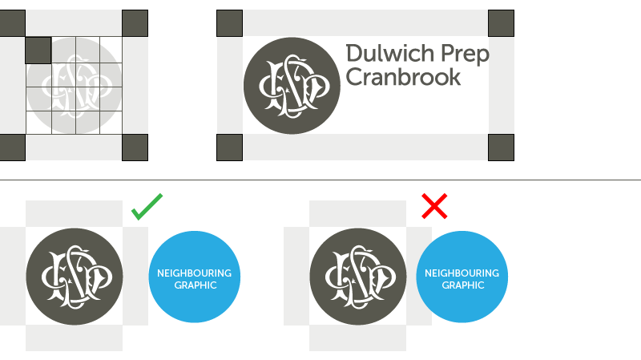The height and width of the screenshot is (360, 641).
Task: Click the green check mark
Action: tap(147, 206)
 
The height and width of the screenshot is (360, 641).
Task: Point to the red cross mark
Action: tap(434, 206)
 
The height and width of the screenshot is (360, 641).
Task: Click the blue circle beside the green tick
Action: tap(195, 277)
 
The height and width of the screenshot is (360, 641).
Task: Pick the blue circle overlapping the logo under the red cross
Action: tap(462, 277)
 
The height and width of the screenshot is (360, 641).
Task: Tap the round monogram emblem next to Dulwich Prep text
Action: tap(292, 86)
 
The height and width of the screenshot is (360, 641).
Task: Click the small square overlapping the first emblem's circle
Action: tap(38, 51)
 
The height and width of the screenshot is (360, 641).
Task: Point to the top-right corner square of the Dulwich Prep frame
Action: tap(501, 23)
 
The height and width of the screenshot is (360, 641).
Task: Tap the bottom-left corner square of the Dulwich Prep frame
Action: tap(229, 148)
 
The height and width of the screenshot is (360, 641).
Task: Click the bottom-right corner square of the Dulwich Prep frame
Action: tap(501, 148)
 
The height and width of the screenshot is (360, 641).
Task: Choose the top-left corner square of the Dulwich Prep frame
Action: tap(229, 23)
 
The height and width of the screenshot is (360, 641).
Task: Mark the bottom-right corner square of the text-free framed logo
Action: tap(135, 148)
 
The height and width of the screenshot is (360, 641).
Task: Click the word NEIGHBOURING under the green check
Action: tap(195, 273)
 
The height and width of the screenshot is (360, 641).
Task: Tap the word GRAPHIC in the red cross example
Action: tap(462, 285)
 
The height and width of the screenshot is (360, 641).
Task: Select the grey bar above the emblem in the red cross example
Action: tap(357, 213)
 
